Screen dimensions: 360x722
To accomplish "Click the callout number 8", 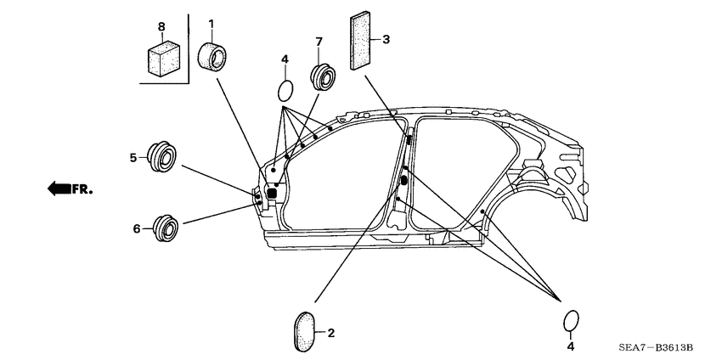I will [161, 26].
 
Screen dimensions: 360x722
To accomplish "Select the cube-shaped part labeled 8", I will [161, 57].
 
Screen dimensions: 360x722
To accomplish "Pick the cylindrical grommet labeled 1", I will [214, 58].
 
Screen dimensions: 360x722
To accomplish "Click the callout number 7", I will [319, 42].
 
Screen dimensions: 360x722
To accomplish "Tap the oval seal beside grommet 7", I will [286, 90].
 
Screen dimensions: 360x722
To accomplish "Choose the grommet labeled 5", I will [161, 157].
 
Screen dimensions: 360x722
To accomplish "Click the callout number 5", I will [133, 157].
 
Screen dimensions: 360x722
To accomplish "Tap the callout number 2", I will [331, 333].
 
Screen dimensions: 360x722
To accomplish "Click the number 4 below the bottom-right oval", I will [571, 347].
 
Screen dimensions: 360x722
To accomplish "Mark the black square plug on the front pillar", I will [273, 193].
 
